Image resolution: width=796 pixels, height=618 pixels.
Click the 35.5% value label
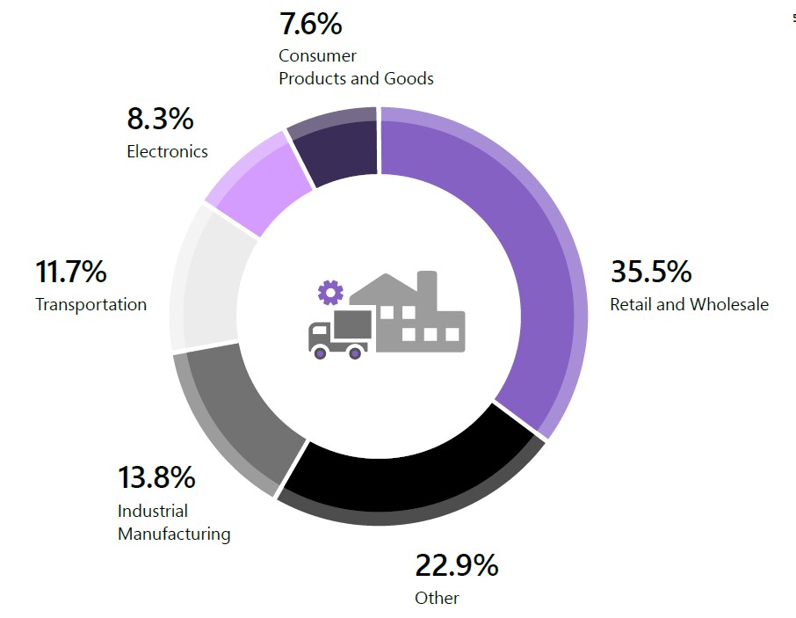pyautogui.click(x=651, y=271)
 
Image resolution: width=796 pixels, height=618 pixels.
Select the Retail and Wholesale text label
pyautogui.click(x=689, y=304)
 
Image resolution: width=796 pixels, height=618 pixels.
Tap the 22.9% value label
pyautogui.click(x=456, y=565)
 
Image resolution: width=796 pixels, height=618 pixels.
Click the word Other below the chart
pyautogui.click(x=437, y=598)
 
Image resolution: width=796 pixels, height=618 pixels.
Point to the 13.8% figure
pyautogui.click(x=156, y=477)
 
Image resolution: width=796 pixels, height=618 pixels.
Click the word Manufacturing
pyautogui.click(x=174, y=534)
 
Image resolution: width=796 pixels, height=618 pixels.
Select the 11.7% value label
pyautogui.click(x=71, y=271)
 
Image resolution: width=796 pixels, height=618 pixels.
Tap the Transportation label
pyautogui.click(x=90, y=304)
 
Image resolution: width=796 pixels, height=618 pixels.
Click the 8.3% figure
pyautogui.click(x=160, y=119)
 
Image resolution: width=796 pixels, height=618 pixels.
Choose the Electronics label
pyautogui.click(x=167, y=151)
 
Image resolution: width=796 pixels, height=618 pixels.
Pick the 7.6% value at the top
pyautogui.click(x=311, y=24)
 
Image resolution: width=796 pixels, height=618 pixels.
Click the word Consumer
pyautogui.click(x=317, y=55)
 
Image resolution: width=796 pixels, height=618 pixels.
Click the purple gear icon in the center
pyautogui.click(x=330, y=293)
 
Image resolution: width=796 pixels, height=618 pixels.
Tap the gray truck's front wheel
pyautogui.click(x=320, y=353)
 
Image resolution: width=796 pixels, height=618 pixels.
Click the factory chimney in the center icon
pyautogui.click(x=427, y=289)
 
